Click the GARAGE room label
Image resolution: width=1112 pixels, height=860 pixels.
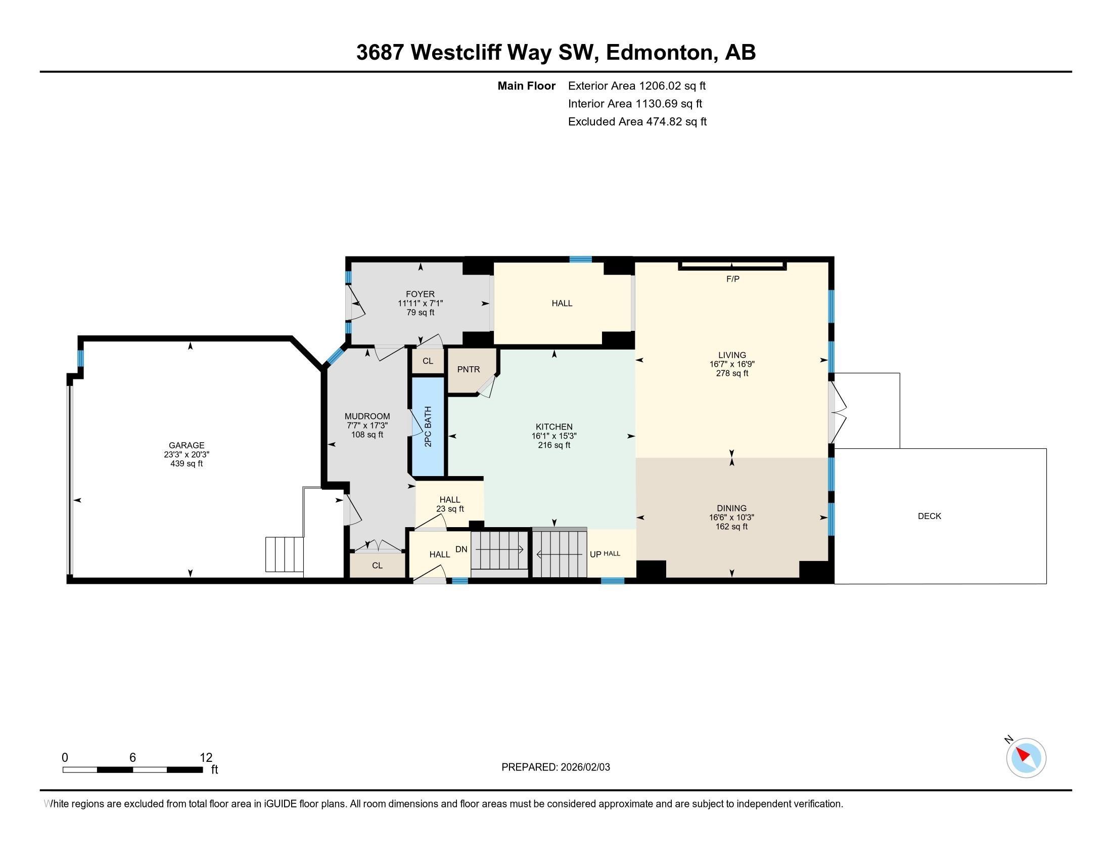(x=187, y=445)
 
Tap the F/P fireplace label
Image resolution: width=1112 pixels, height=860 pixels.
(x=732, y=279)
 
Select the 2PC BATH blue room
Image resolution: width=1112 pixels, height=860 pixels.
(x=428, y=427)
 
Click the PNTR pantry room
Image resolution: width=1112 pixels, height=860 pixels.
(x=468, y=370)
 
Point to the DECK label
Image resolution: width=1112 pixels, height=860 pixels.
(x=929, y=516)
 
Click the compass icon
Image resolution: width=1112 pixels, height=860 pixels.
(x=1026, y=758)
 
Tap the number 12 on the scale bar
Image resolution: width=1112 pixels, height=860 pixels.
(x=206, y=758)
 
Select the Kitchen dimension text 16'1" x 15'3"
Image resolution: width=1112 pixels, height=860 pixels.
(x=554, y=436)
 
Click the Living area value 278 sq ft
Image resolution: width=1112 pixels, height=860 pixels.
(x=732, y=373)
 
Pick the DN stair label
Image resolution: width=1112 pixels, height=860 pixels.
(x=461, y=550)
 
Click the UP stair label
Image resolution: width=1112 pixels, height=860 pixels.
(x=595, y=554)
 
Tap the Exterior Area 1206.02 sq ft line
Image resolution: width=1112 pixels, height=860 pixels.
(x=636, y=86)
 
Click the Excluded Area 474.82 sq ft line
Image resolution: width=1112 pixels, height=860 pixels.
(x=637, y=122)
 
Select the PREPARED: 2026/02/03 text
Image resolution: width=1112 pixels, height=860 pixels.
(x=555, y=767)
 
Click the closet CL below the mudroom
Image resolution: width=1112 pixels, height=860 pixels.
(x=377, y=566)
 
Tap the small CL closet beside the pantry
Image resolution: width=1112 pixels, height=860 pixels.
(x=428, y=361)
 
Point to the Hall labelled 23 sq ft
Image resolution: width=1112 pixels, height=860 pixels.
(x=449, y=504)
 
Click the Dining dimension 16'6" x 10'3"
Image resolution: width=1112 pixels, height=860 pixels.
(x=732, y=518)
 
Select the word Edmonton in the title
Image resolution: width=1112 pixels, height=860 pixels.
(x=659, y=53)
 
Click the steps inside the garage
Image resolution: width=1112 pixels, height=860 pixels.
(x=284, y=554)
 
